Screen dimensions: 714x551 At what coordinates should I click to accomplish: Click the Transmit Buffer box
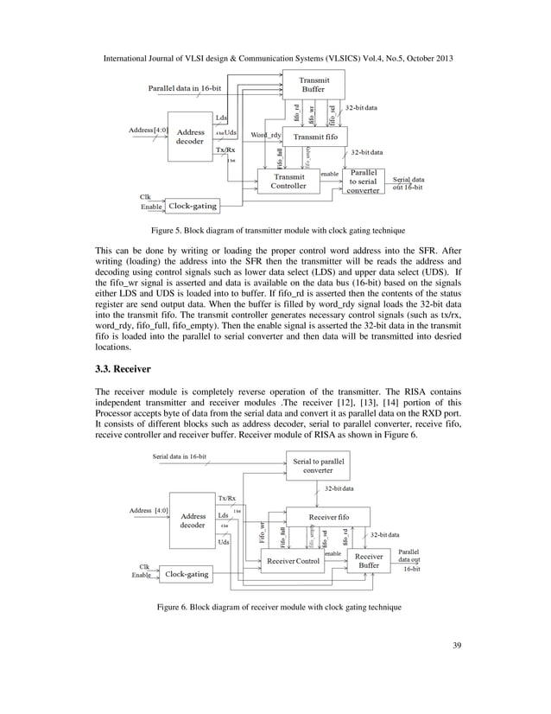pyautogui.click(x=313, y=85)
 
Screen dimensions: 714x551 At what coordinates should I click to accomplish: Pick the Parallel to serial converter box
pyautogui.click(x=364, y=182)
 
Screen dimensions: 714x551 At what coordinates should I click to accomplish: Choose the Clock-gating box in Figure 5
pyautogui.click(x=192, y=207)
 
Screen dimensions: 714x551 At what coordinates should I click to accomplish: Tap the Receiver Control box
pyautogui.click(x=293, y=562)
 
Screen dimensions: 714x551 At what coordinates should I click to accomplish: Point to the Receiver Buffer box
pyautogui.click(x=369, y=563)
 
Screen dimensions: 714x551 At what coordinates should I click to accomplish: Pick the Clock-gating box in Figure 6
pyautogui.click(x=187, y=573)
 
